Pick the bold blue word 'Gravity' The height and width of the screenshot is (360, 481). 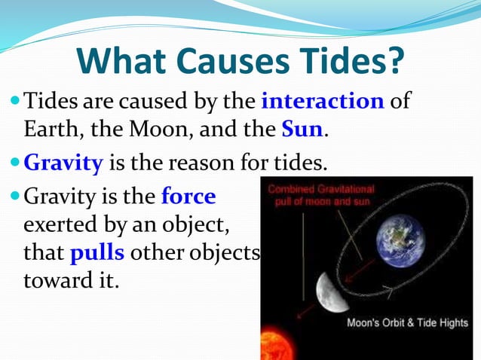point(65,162)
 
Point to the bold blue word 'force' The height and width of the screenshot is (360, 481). point(188,197)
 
